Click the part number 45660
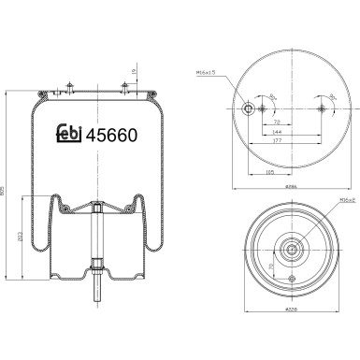pyautogui.click(x=112, y=134)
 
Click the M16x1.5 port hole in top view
pyautogui.click(x=247, y=108)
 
